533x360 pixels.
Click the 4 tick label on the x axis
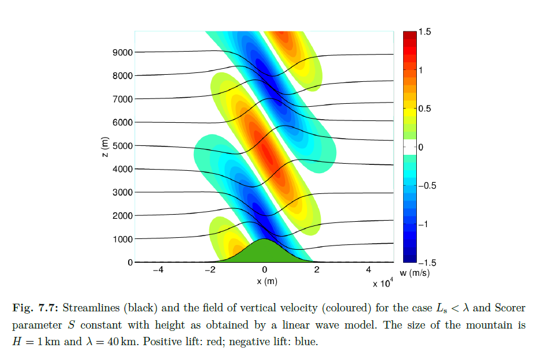tap(368, 270)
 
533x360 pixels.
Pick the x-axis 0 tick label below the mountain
tap(265, 270)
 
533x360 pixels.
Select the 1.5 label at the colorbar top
tap(424, 31)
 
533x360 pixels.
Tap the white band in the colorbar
tap(409, 147)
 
